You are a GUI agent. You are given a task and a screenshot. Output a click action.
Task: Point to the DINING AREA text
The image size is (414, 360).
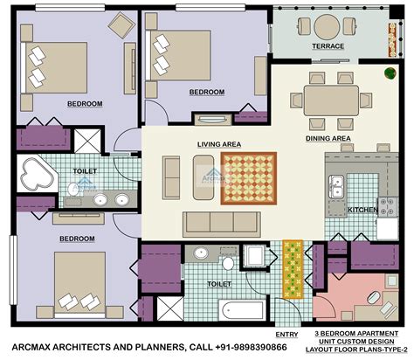[328, 138]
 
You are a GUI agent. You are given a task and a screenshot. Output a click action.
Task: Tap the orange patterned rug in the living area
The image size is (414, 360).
[249, 174]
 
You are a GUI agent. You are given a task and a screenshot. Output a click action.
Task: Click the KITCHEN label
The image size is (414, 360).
[362, 211]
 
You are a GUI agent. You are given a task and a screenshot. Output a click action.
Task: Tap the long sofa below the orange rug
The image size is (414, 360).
[221, 218]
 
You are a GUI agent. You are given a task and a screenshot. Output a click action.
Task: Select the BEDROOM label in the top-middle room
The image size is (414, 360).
[207, 92]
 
